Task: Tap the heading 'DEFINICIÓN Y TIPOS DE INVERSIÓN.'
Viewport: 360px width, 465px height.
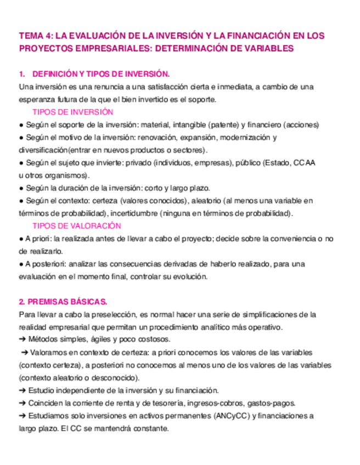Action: coord(102,74)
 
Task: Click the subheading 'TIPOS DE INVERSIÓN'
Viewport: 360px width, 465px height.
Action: coord(72,112)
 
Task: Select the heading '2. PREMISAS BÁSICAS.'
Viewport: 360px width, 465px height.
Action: coord(63,302)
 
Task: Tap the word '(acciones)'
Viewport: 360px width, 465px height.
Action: coord(301,124)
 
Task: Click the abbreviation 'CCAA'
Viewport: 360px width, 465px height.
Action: coord(305,163)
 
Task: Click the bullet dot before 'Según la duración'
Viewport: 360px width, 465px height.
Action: coord(21,188)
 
